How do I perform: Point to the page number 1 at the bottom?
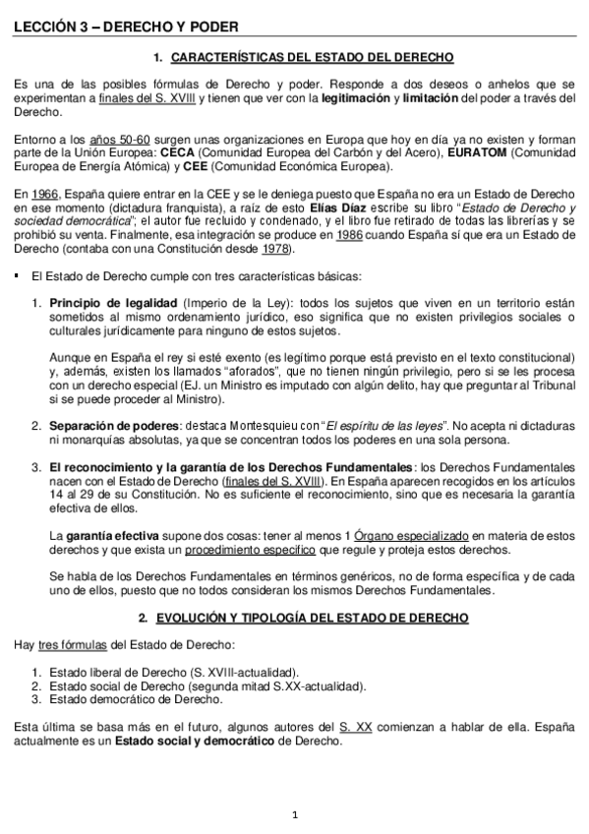click(294, 813)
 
